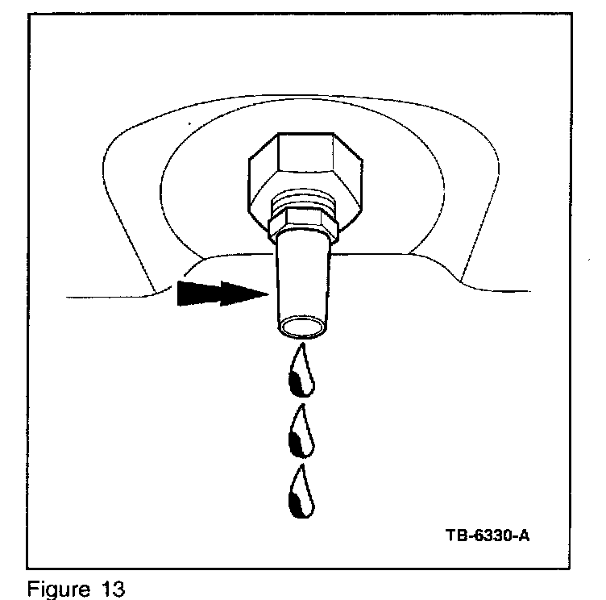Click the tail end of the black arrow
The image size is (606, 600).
coord(179,294)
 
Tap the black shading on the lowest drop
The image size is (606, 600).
coord(297,503)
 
